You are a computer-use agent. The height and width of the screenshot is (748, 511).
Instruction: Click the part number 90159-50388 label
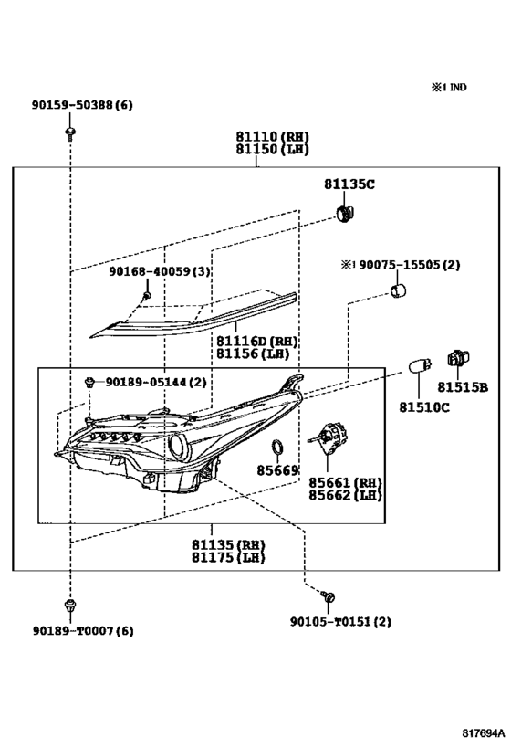pos(82,105)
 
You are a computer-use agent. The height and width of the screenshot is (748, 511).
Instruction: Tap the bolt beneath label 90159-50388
pos(71,133)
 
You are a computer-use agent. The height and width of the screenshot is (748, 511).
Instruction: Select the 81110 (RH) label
pos(272,136)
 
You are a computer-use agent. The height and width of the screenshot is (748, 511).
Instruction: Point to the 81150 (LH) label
pos(272,149)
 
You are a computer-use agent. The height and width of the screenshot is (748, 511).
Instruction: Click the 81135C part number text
pos(349,184)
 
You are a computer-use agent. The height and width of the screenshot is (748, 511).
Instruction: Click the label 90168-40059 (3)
pos(160,271)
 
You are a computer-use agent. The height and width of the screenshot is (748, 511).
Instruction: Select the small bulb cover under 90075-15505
pos(398,290)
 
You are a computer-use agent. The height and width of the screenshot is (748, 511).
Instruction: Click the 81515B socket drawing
pos(458,358)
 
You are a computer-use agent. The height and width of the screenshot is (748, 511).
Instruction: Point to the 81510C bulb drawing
pos(420,366)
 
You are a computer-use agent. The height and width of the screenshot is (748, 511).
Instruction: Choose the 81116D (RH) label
pos(257,341)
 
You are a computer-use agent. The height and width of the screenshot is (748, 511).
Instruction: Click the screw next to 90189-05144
pos(89,383)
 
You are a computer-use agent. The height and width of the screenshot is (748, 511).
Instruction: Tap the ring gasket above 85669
pos(277,448)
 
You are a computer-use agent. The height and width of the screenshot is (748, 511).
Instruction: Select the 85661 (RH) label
pos(345,482)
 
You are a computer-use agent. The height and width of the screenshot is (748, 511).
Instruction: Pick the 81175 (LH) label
pos(228,558)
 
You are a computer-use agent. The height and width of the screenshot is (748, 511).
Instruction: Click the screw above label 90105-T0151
pos(328,596)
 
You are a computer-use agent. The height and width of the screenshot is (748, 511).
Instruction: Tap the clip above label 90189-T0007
pos(70,606)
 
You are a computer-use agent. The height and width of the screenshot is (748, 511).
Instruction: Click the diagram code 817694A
pos(483,732)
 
